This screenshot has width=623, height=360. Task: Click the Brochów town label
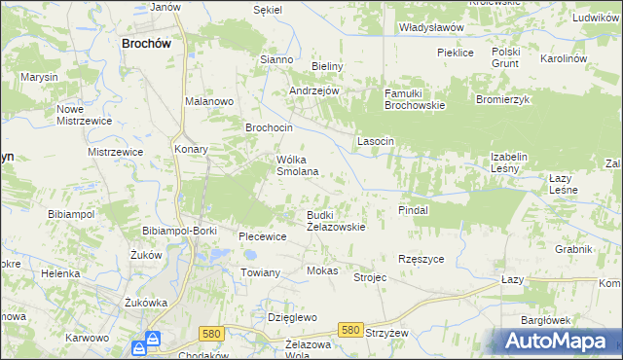(147, 43)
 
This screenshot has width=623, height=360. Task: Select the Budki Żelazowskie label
(336, 220)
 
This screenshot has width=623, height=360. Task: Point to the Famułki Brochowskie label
(414, 98)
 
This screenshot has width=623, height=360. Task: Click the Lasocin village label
(376, 141)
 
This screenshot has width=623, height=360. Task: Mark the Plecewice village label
(263, 235)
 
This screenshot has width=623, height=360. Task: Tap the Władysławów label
(430, 28)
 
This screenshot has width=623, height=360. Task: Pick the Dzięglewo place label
(293, 317)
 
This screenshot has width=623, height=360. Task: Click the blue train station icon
(153, 342)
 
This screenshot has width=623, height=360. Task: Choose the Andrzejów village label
(313, 90)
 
